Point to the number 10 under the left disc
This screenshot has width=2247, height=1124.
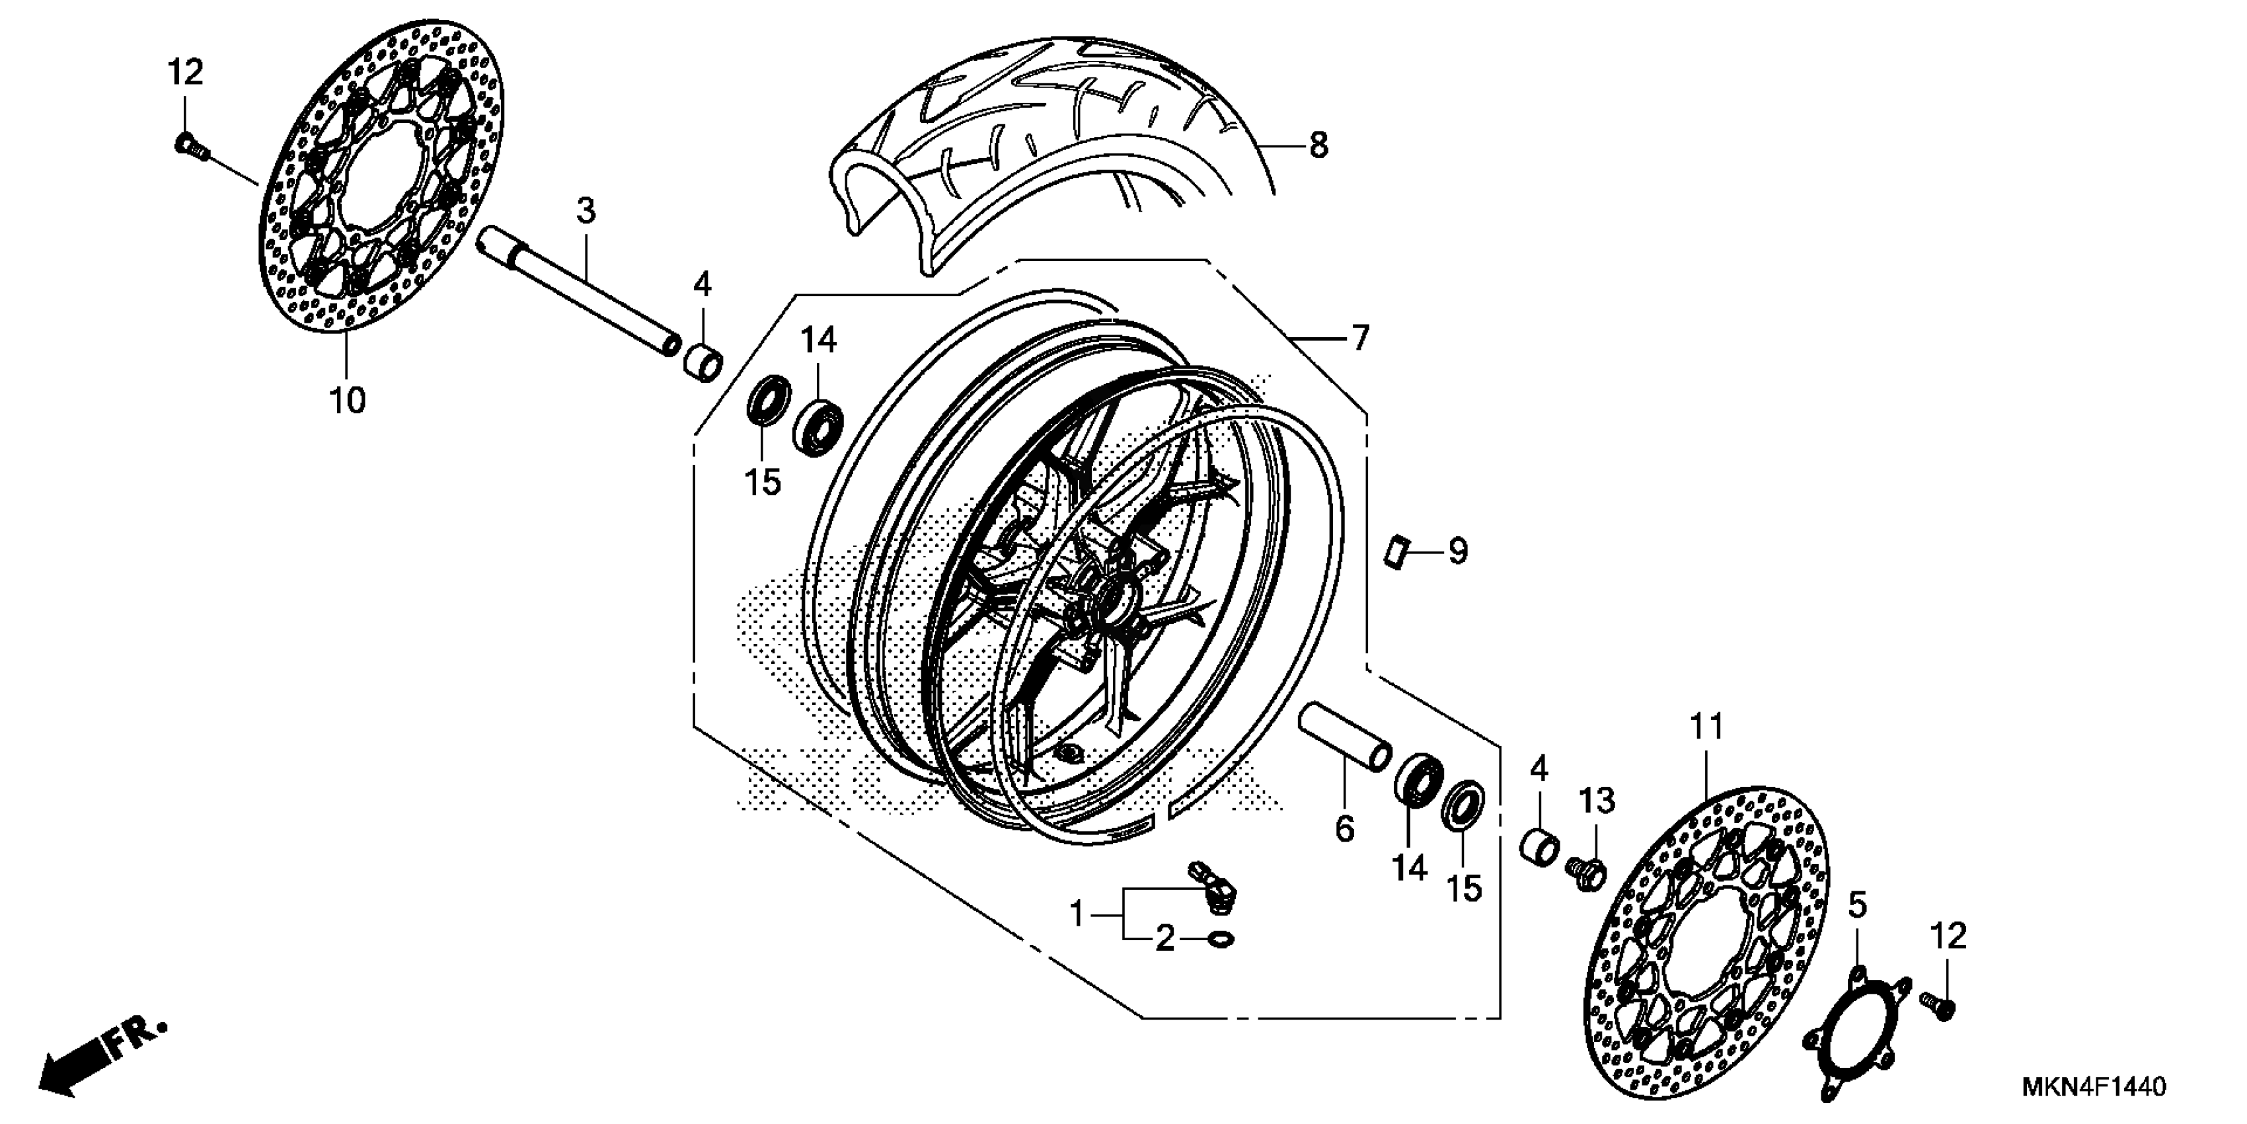click(x=347, y=401)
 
